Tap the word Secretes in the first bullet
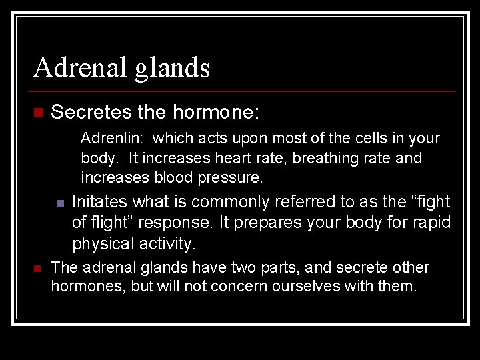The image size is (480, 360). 91,112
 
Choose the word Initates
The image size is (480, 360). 100,201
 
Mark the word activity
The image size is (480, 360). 167,243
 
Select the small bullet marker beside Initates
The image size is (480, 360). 59,203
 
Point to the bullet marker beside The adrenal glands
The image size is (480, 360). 37,268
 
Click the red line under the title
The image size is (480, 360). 243,91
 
